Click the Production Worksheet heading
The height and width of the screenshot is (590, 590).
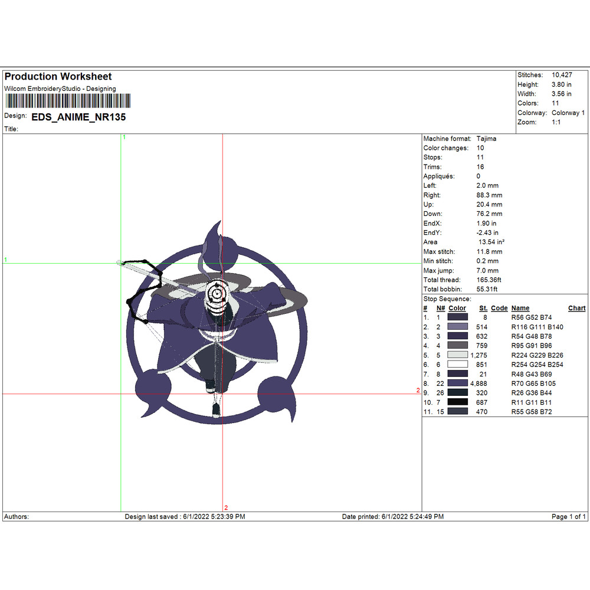(x=58, y=76)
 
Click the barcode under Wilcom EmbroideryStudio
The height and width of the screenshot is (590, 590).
(x=68, y=101)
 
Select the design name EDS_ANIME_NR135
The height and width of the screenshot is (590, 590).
(x=78, y=117)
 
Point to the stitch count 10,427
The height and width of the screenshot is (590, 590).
(x=562, y=75)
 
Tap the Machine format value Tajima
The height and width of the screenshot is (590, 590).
(x=486, y=139)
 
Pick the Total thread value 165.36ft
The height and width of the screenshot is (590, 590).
(x=489, y=280)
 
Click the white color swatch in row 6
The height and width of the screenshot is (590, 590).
(x=458, y=364)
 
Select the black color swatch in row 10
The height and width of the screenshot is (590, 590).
(x=458, y=402)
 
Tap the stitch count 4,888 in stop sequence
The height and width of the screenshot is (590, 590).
(x=478, y=383)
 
